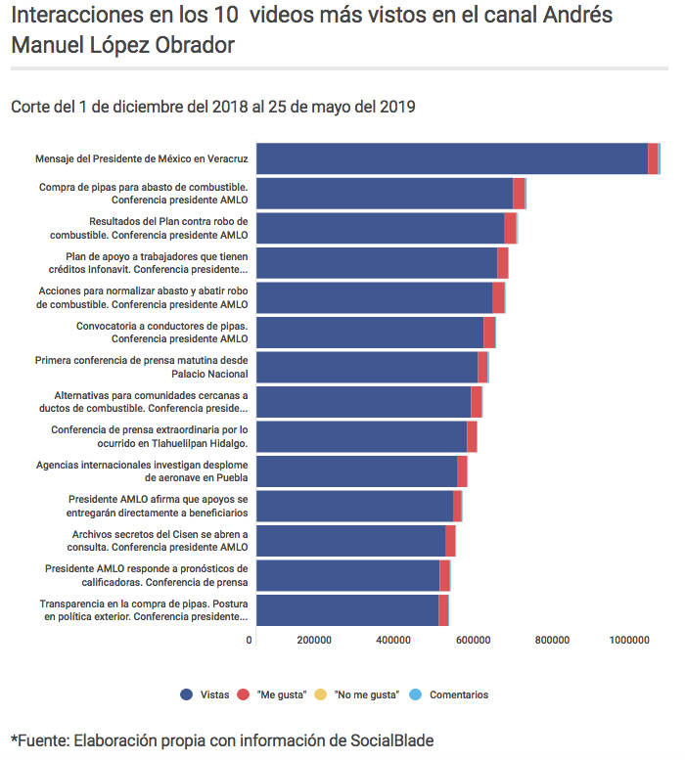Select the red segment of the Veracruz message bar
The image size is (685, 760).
coord(653,158)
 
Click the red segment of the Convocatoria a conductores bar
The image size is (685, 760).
coord(489,333)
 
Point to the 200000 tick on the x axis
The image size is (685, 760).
coord(312,640)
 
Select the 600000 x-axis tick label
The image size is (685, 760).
coord(473,640)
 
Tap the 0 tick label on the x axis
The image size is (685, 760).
coord(250,640)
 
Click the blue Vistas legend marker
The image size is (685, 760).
coord(186,694)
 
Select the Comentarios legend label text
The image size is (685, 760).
coord(458,694)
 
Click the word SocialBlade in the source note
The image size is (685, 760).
coord(392,740)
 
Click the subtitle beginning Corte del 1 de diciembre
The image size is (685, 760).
coord(213,107)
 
